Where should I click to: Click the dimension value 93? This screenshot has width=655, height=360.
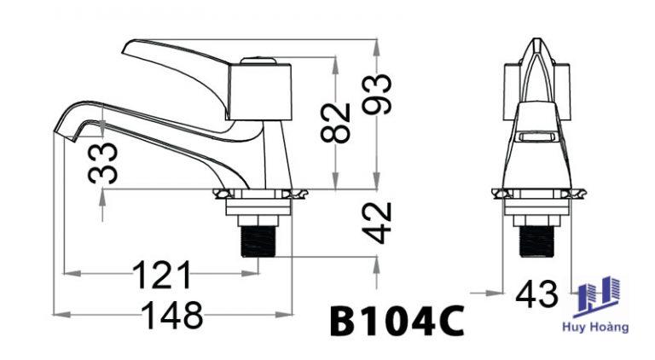[x=377, y=94]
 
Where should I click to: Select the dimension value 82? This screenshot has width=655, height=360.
[x=335, y=123]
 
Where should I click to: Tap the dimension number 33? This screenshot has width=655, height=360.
[x=102, y=163]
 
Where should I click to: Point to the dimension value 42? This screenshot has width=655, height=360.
[x=377, y=223]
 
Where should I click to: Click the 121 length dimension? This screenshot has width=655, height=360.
[x=162, y=275]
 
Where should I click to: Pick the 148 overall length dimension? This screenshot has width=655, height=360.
[x=172, y=315]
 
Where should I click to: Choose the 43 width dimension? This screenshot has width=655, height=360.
[x=536, y=293]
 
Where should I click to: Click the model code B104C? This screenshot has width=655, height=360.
[x=397, y=321]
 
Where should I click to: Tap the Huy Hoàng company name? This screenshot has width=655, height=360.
[x=595, y=327]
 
